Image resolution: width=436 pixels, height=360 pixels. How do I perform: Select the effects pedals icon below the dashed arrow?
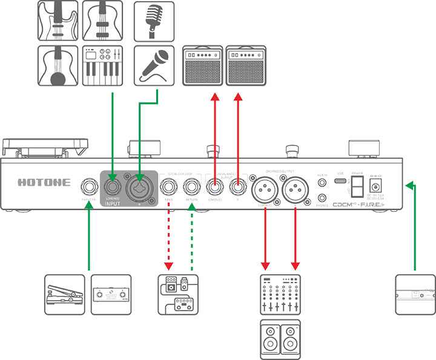(x=178, y=295)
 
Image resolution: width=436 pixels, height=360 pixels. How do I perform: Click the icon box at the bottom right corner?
(x=414, y=295)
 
